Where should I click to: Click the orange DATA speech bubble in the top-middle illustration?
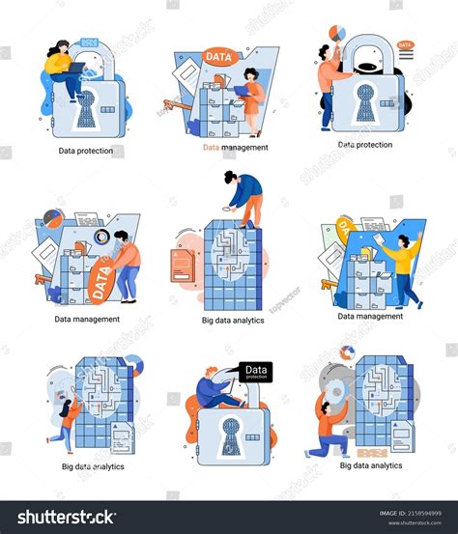coord(219,58)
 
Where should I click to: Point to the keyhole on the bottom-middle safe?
coord(228,433)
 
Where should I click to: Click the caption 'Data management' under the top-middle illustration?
coord(235,148)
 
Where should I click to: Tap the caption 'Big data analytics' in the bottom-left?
coord(92,466)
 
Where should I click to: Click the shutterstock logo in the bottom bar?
coord(61,517)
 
